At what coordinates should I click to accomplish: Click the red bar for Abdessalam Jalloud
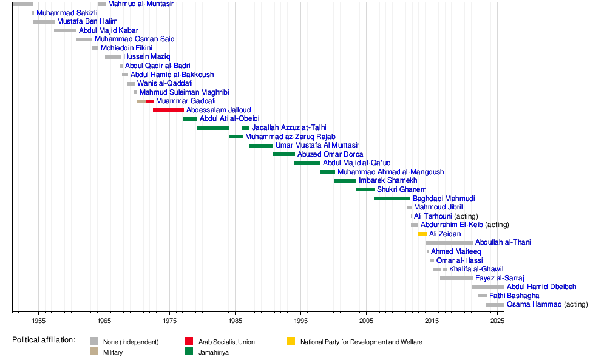(x=168, y=110)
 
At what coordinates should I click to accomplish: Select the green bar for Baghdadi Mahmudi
(x=392, y=199)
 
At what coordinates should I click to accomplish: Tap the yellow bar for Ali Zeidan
(x=422, y=234)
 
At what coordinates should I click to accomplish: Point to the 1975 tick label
(x=170, y=320)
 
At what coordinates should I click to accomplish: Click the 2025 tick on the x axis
(x=497, y=311)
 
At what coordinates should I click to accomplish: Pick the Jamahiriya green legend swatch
(x=189, y=352)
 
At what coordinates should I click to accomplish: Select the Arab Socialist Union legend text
(x=226, y=342)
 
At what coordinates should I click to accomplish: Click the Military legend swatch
(x=93, y=352)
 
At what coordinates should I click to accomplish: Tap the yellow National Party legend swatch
(x=291, y=342)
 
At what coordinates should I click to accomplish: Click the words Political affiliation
(x=44, y=340)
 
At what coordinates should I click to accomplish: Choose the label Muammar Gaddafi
(x=186, y=101)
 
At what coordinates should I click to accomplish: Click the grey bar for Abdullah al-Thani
(x=449, y=243)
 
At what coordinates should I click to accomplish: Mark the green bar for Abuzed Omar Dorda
(x=283, y=154)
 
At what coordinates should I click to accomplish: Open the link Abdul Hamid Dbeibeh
(x=541, y=287)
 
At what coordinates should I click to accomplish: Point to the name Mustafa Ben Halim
(x=87, y=21)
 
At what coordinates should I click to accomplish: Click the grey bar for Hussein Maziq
(x=112, y=57)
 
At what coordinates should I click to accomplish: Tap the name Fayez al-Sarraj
(x=500, y=278)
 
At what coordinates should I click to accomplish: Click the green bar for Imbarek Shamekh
(x=345, y=181)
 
